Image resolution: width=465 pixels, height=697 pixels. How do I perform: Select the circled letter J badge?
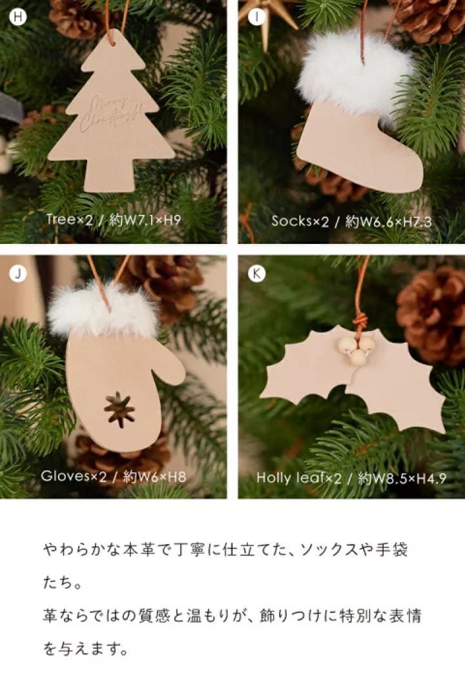tap(18, 274)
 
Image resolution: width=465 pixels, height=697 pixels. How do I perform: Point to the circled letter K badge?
tap(257, 274)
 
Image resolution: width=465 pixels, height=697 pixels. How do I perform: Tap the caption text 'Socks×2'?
tap(300, 221)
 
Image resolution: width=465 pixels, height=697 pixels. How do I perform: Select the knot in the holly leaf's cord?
tap(360, 319)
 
